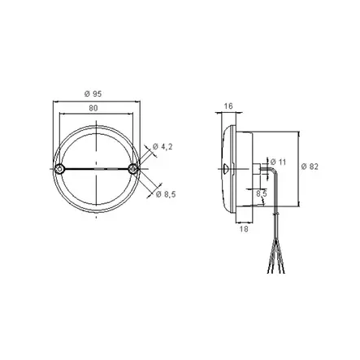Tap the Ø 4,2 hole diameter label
point(164,146)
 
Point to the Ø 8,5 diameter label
point(166,194)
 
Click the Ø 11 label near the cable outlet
point(278,163)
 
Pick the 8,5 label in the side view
point(260,194)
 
